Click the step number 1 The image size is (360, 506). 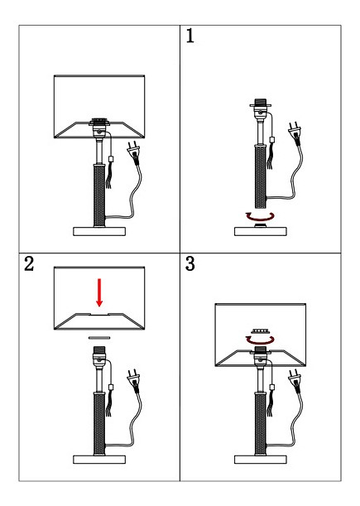tap(190, 36)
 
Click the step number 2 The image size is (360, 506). tap(29, 263)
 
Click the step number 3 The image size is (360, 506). tap(190, 263)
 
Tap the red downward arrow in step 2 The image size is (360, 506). tap(99, 292)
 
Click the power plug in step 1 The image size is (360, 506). tap(295, 132)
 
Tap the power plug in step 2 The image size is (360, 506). tap(134, 380)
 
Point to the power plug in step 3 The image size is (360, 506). tap(295, 380)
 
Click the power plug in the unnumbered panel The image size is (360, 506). tap(134, 152)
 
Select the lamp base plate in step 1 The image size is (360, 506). tap(261, 231)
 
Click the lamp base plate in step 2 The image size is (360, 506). tap(99, 460)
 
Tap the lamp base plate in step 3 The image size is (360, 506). tap(261, 460)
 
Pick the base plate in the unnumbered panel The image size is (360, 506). tap(99, 231)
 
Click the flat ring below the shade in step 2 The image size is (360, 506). tap(99, 338)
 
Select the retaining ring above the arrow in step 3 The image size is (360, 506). tap(261, 331)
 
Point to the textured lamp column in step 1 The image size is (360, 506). tap(261, 176)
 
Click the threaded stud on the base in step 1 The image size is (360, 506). tap(261, 225)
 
